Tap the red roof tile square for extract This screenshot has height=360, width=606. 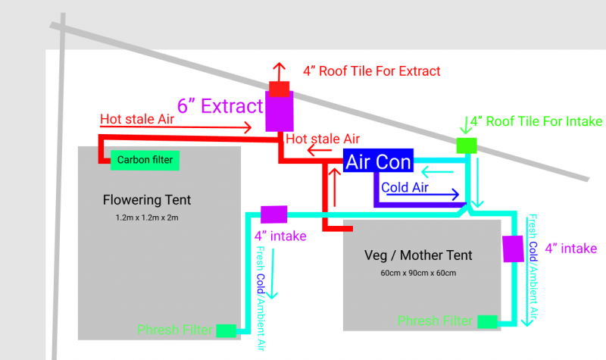click(279, 89)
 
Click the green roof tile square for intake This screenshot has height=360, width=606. click(467, 144)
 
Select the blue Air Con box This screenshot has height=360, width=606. click(377, 161)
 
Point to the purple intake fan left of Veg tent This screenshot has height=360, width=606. click(273, 214)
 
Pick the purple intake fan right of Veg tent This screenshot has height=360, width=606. click(513, 248)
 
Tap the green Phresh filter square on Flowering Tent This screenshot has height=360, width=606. click(226, 330)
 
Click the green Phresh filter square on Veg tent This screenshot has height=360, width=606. click(486, 321)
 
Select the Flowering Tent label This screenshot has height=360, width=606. click(147, 200)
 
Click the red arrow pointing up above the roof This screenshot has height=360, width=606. click(279, 71)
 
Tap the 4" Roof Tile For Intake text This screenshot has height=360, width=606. click(536, 121)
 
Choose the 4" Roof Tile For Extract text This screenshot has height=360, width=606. click(371, 71)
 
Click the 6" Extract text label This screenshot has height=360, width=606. click(220, 105)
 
